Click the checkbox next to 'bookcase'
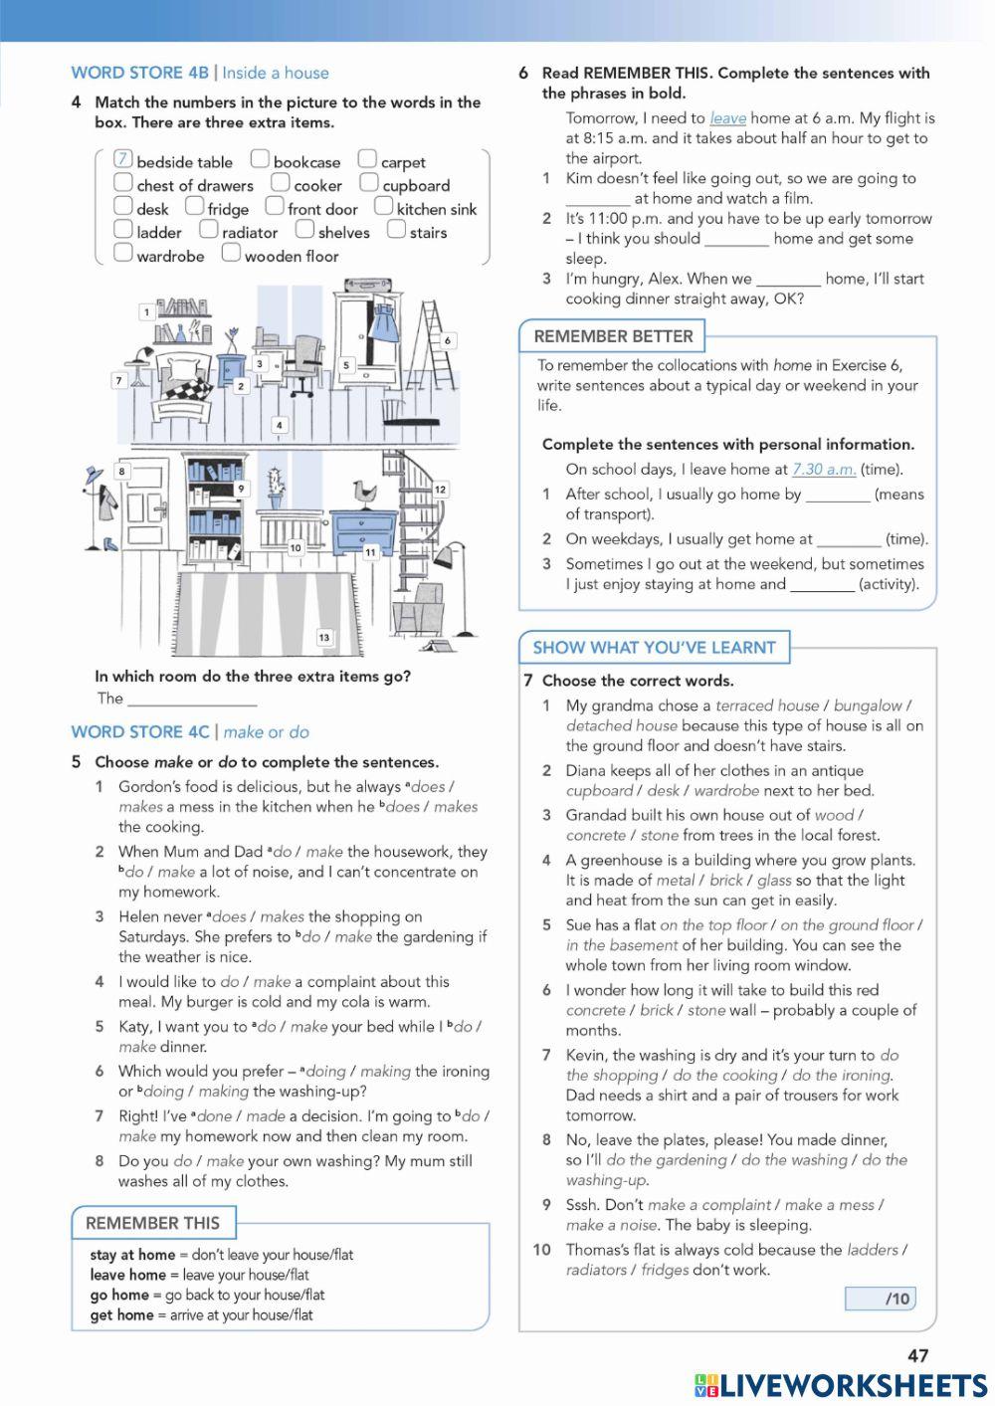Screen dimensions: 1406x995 pos(260,159)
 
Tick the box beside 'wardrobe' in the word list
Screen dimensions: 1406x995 pos(123,253)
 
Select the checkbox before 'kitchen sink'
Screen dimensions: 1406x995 pos(383,206)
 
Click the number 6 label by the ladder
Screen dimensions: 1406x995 pos(447,340)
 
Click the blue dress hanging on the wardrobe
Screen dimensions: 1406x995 pos(383,323)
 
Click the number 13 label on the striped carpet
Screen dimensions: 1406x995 pos(323,637)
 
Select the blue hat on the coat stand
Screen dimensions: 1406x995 pos(93,473)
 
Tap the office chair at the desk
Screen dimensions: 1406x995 pos(306,358)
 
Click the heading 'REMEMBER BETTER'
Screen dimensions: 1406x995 pos(613,336)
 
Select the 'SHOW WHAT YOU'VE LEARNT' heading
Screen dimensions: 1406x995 pos(654,648)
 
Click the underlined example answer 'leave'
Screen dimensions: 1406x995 pos(727,118)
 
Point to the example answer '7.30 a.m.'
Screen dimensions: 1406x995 pos(823,470)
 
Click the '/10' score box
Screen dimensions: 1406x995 pos(880,1299)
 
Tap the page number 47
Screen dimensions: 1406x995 pos(917,1355)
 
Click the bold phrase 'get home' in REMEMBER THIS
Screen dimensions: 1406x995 pos(121,1315)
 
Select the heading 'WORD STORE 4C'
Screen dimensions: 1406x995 pos(139,732)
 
